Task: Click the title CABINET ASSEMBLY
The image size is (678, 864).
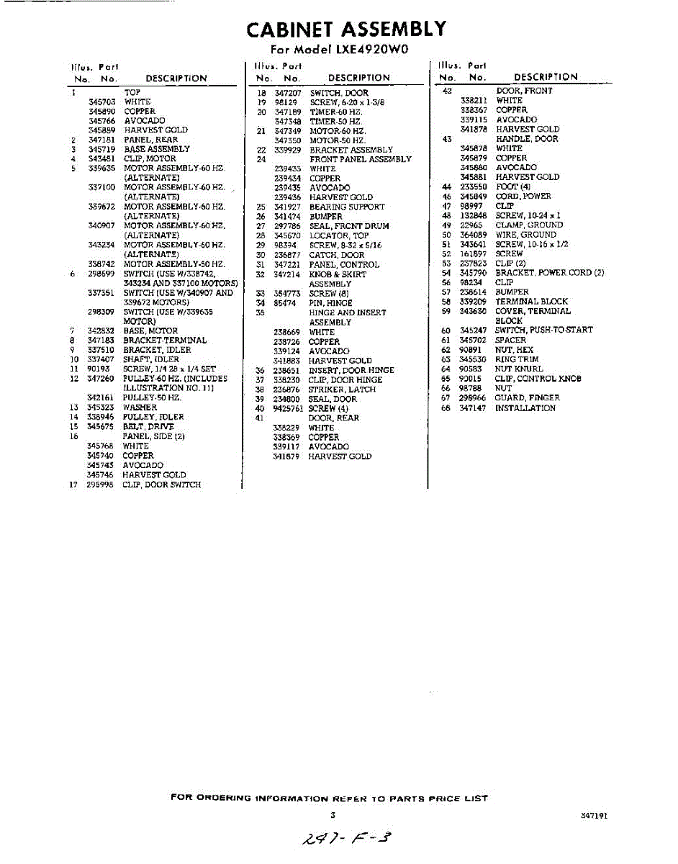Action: (x=346, y=30)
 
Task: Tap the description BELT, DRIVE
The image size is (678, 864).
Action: (x=148, y=426)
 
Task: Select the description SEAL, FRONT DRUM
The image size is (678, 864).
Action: (x=349, y=226)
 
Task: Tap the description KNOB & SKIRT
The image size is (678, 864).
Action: (x=338, y=274)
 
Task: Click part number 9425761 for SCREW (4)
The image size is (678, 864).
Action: (x=288, y=408)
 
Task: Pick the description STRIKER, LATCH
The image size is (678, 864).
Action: (x=342, y=390)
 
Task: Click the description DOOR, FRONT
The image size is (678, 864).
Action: (x=525, y=91)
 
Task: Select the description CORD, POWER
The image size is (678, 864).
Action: (x=523, y=196)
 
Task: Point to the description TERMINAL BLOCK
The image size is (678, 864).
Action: (x=531, y=302)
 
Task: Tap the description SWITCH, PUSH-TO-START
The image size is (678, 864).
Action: (x=543, y=330)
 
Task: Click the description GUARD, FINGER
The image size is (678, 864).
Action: (x=527, y=397)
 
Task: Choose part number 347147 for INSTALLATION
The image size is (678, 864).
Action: (x=473, y=408)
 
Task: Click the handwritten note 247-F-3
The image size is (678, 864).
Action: (x=348, y=838)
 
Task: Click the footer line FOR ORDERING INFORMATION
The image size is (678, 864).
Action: (x=329, y=798)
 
